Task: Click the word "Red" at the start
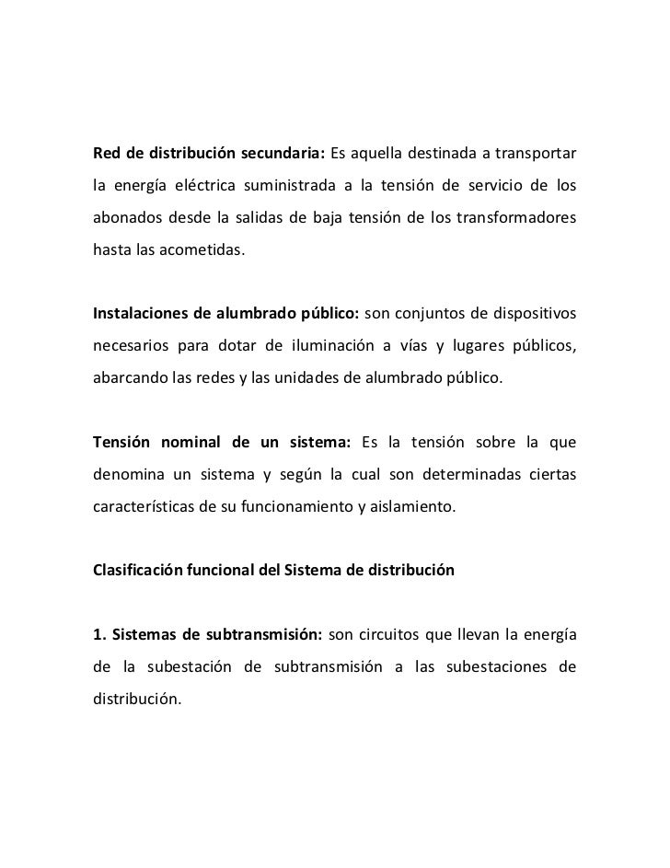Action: [107, 151]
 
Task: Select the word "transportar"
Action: [537, 151]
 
